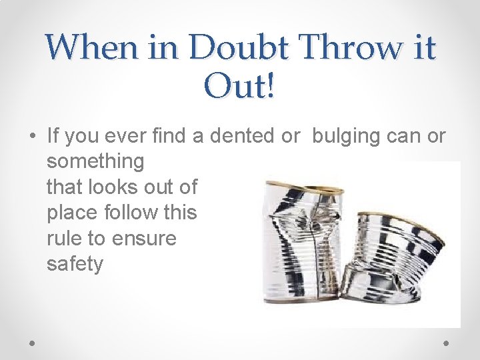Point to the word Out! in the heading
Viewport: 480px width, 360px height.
click(240, 87)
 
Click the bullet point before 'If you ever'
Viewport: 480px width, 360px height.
click(32, 137)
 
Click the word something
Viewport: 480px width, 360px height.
click(95, 161)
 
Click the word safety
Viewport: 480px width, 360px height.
click(75, 264)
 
